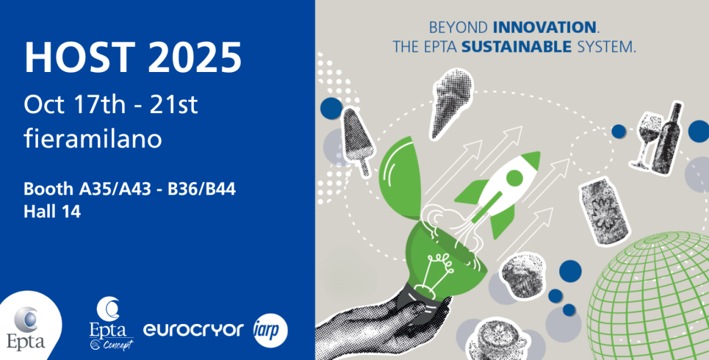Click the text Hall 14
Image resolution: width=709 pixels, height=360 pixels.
click(52, 212)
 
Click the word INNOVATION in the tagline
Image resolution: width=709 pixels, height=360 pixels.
click(544, 28)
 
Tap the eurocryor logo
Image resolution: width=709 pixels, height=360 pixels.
click(193, 329)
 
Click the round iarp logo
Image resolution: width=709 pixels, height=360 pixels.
click(270, 329)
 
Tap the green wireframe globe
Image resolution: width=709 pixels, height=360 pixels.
click(657, 297)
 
